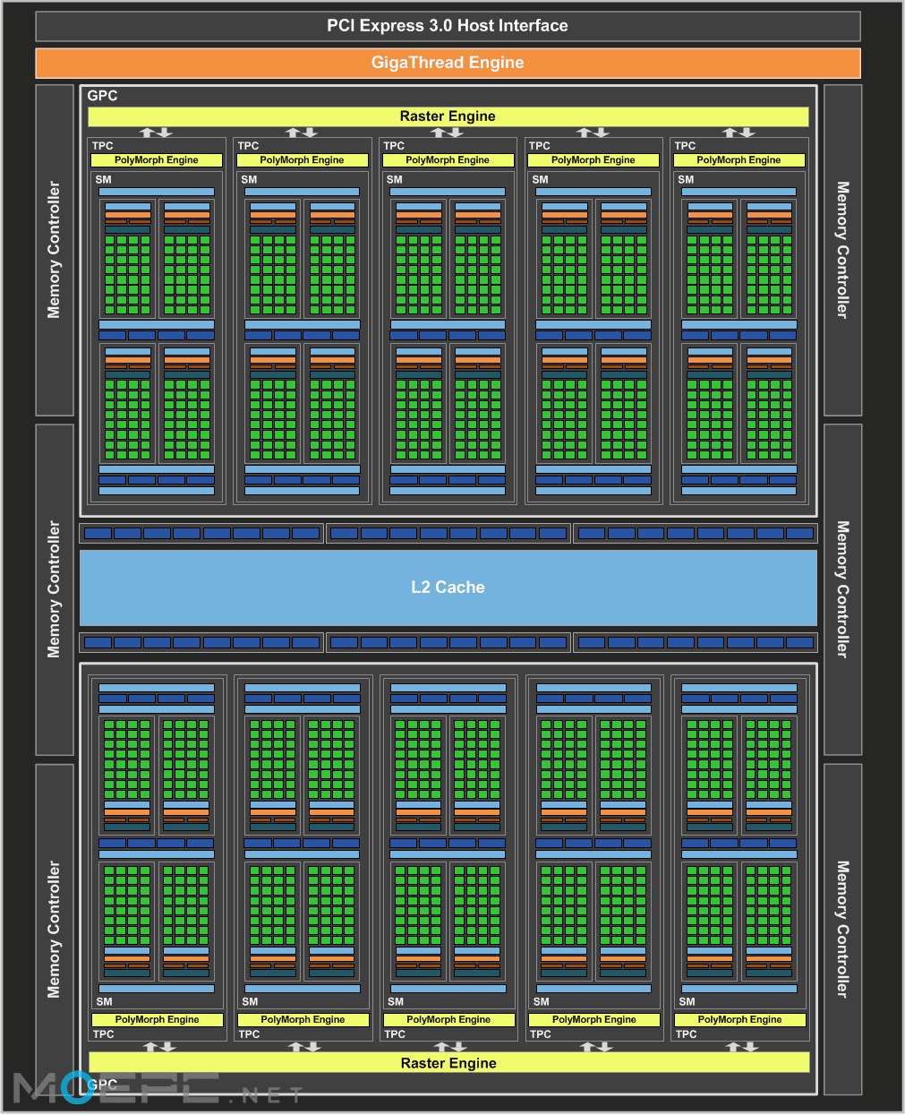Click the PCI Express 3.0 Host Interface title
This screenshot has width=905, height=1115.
(448, 26)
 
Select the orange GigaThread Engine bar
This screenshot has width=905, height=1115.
(448, 63)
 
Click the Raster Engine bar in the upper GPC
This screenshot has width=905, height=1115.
(448, 116)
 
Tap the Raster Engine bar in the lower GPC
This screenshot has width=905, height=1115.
(448, 1063)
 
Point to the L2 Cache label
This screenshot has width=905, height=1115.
(448, 587)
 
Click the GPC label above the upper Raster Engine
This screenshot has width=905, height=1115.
(102, 96)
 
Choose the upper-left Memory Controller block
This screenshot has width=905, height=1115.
(55, 250)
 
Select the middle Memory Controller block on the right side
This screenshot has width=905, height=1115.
(842, 589)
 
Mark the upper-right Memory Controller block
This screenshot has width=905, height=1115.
(842, 250)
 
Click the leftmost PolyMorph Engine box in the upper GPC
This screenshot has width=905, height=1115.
(157, 160)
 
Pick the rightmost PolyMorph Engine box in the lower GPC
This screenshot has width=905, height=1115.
(739, 1020)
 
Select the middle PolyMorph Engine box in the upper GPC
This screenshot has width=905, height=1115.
(448, 160)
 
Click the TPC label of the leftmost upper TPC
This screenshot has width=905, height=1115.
(103, 146)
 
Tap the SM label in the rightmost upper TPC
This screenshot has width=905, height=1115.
(686, 179)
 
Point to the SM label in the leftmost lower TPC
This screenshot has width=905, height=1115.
(104, 1001)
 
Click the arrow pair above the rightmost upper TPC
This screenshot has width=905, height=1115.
(739, 133)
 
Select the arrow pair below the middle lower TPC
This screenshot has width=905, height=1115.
(450, 1046)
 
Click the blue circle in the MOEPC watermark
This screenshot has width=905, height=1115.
(77, 1087)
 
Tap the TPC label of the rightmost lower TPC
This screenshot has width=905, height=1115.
(687, 1034)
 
